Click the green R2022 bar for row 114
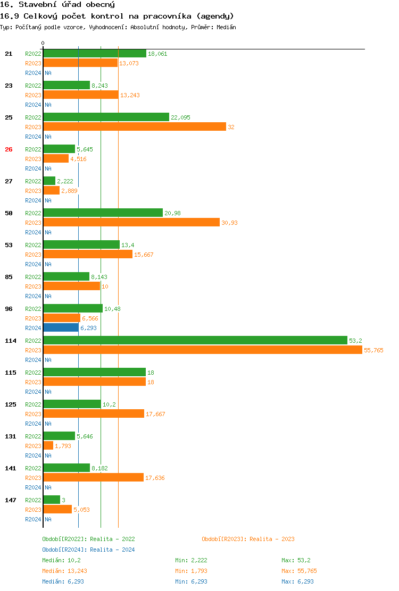(195, 340)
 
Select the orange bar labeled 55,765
(202, 350)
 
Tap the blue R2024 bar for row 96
(61, 327)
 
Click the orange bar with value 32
(135, 126)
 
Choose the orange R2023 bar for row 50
(131, 222)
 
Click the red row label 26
(9, 149)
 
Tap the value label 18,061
(157, 54)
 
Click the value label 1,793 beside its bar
(63, 446)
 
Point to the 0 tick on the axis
(43, 43)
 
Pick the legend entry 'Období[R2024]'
(65, 550)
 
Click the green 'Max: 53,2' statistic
(296, 560)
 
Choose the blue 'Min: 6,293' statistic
(191, 581)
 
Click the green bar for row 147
(52, 500)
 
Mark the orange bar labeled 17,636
(94, 477)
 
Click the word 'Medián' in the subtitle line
(227, 27)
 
